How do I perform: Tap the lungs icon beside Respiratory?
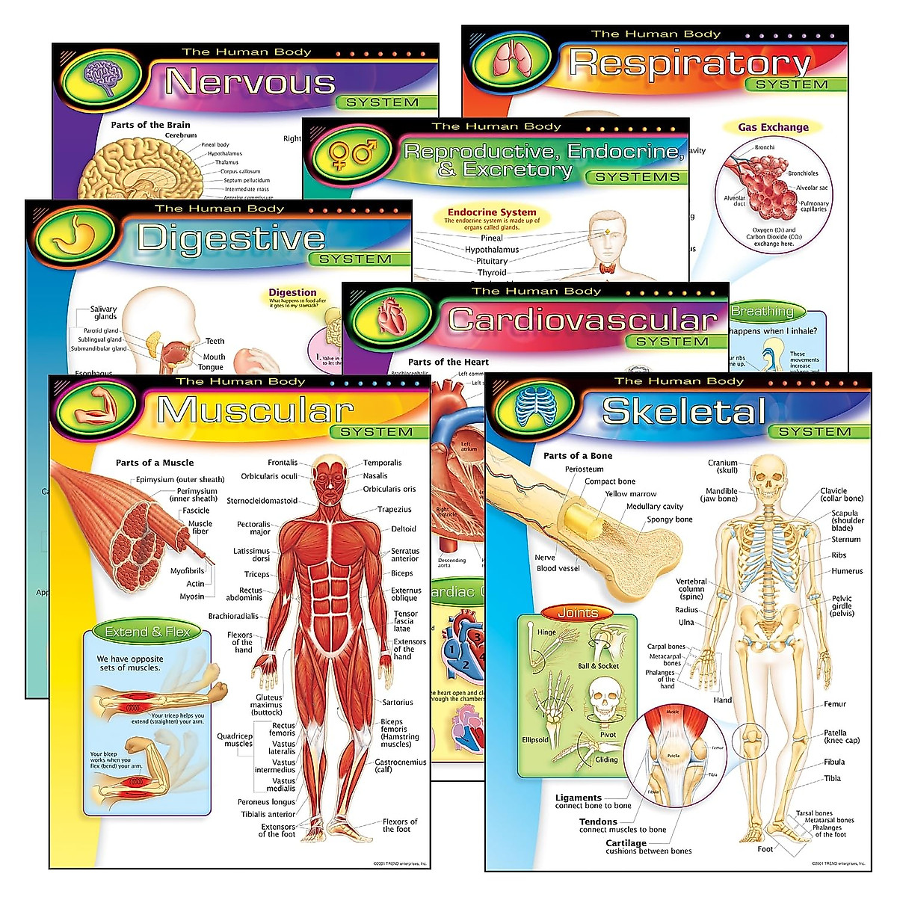coord(513,60)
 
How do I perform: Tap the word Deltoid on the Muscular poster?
coord(404,529)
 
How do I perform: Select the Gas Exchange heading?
coord(773,127)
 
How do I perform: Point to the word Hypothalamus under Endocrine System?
coord(491,250)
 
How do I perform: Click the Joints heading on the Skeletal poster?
coord(577,613)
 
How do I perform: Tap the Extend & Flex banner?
coord(147,632)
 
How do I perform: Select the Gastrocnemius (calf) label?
coord(400,765)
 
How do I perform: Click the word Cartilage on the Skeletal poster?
coord(626,842)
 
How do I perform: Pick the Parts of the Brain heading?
coord(150,125)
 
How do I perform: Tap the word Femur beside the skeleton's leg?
coord(835,704)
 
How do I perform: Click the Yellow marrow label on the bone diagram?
coord(630,494)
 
